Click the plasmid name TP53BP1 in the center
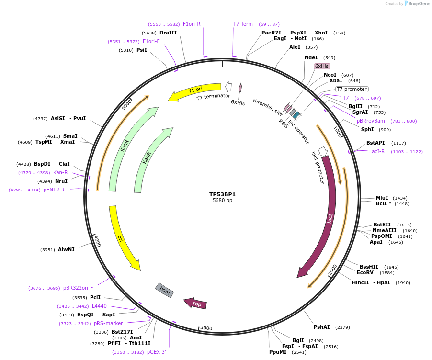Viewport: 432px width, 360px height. [x=222, y=194]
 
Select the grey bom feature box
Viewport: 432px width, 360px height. [x=164, y=290]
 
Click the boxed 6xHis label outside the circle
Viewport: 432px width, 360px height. [x=322, y=66]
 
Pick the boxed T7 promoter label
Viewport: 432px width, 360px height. [x=352, y=89]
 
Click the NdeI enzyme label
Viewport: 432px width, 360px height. [x=311, y=57]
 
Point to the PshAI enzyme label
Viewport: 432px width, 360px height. [x=322, y=327]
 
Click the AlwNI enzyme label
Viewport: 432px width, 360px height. [x=66, y=249]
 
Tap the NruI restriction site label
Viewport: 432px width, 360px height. [x=61, y=181]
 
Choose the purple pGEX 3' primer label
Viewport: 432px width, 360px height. [x=157, y=352]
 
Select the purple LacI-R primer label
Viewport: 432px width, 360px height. [x=377, y=151]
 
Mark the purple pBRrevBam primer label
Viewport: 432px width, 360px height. [x=371, y=121]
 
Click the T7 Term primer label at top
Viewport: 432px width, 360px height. [x=243, y=24]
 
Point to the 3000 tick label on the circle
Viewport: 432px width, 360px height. [x=206, y=328]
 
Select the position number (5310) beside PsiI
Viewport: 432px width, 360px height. [x=126, y=50]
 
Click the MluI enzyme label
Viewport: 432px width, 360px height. [x=382, y=198]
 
